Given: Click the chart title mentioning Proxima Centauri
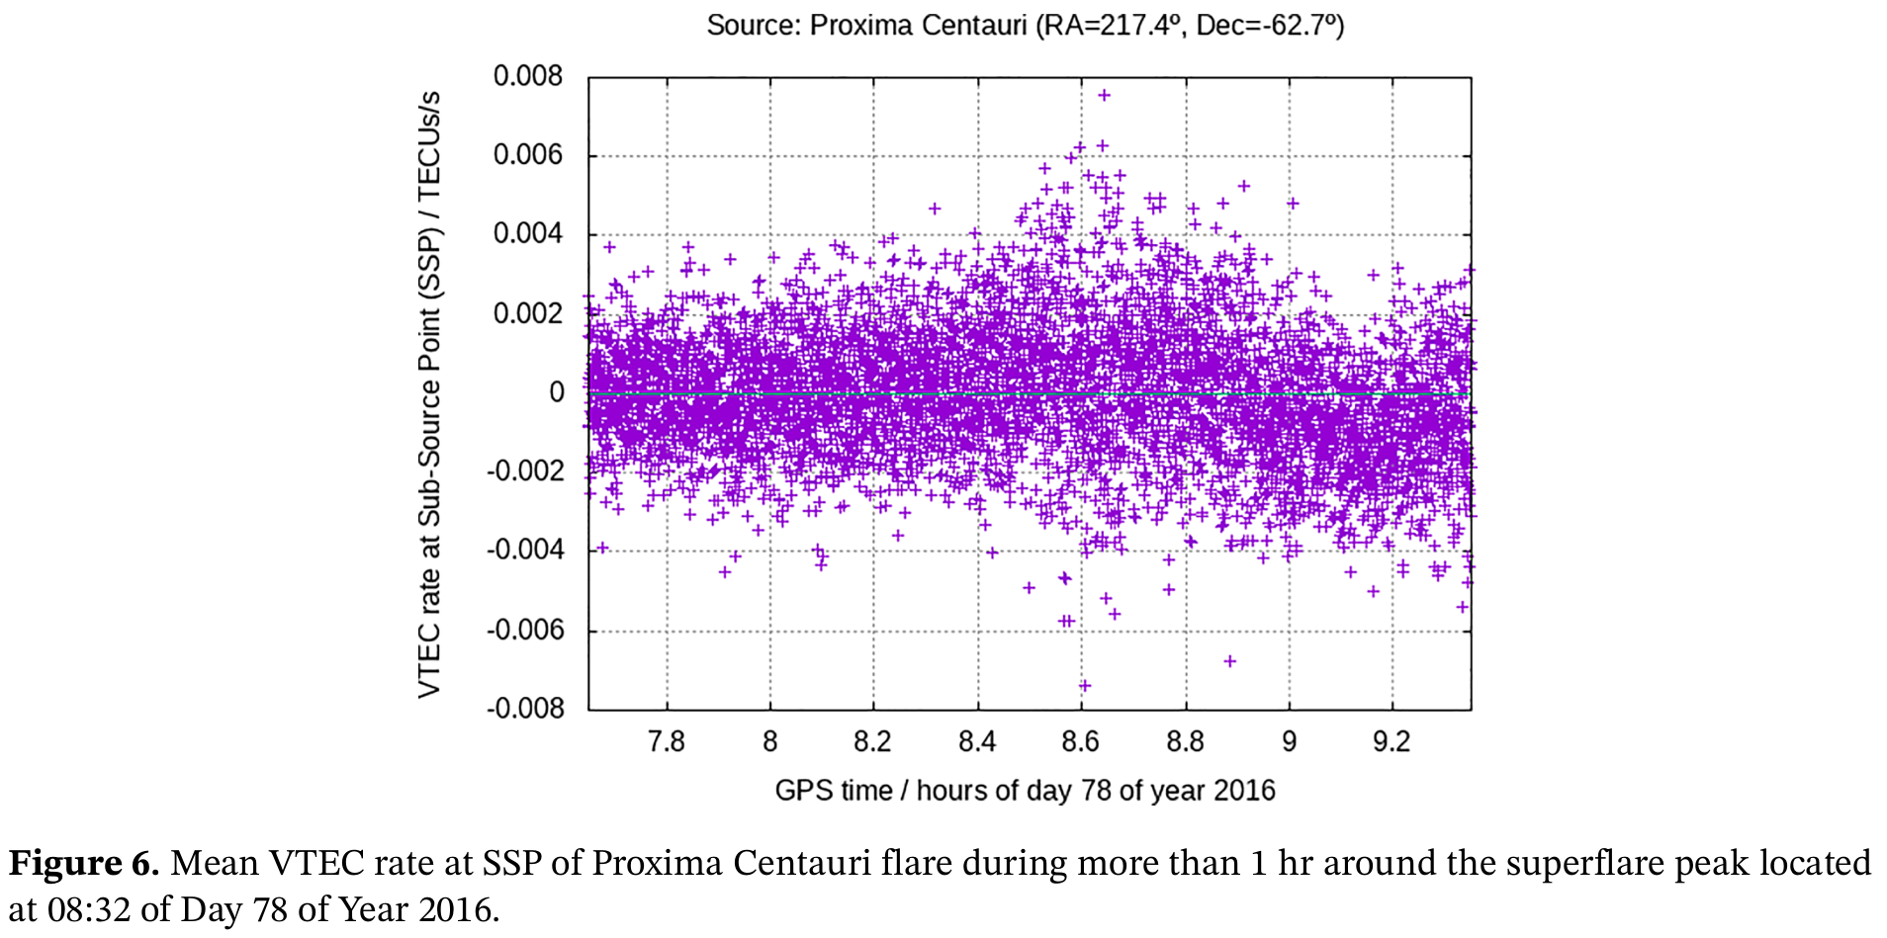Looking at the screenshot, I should pos(1025,25).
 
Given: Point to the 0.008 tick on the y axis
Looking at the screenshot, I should pos(527,76).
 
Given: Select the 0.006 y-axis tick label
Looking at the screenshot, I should pos(527,154).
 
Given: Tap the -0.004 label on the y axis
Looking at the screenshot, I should pos(524,550).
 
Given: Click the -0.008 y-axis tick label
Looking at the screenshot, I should pos(524,709).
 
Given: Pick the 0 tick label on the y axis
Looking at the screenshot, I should pos(557,392).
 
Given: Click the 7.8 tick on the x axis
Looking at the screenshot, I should pos(666,741).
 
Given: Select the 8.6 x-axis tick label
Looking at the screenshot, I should pos(1080,741).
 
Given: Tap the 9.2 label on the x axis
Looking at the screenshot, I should pos(1391,741).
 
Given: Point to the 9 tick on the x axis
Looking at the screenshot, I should pos(1289,741).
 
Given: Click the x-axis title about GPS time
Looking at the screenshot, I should pos(1025,791).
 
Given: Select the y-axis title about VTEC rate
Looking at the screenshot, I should pos(428,393).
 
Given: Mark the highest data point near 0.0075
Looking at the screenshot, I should pos(1104,95).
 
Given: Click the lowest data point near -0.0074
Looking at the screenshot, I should pos(1084,685).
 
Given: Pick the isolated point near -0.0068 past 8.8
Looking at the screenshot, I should pos(1229,660).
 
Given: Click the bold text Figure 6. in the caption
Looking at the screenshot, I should pos(84,863).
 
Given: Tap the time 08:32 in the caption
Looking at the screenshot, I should pos(89,909).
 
